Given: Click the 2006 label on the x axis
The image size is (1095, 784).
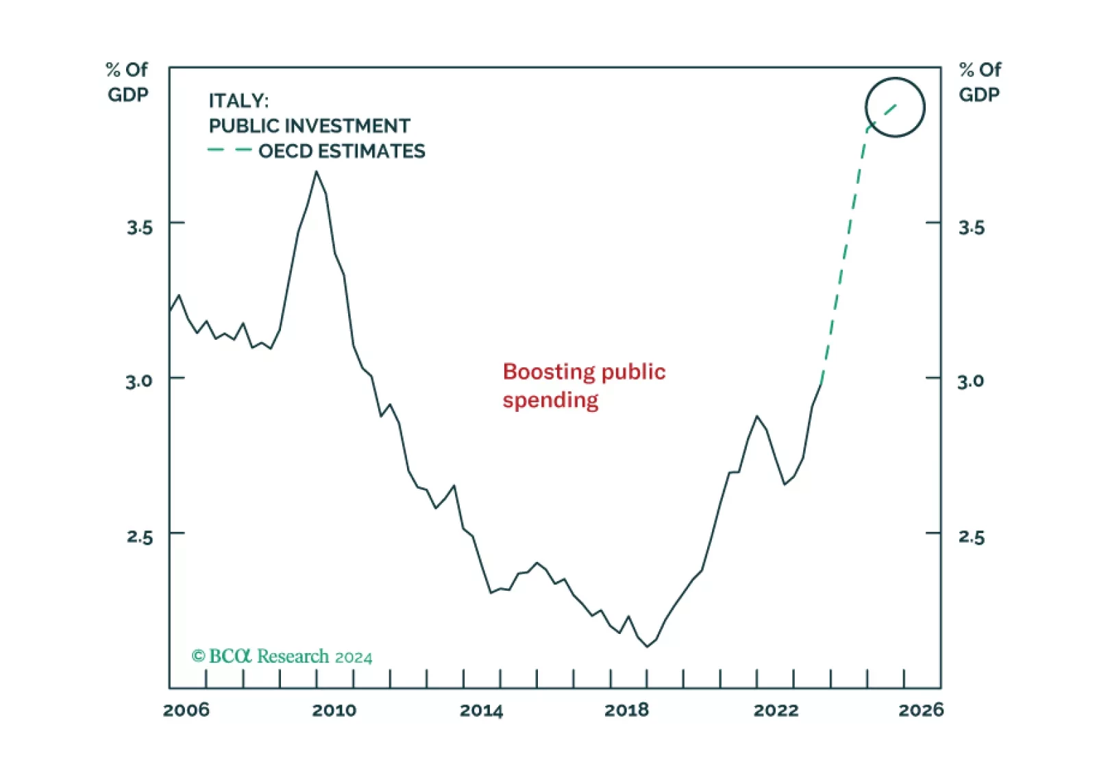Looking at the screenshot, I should [x=186, y=710].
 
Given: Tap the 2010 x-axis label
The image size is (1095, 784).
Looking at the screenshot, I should [x=334, y=710].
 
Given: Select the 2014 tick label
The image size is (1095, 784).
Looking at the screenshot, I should [x=481, y=710].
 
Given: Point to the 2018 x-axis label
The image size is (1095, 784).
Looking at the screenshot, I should [x=626, y=710].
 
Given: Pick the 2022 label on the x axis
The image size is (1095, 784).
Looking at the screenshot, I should [x=776, y=710].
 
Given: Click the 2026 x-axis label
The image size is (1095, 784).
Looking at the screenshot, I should [x=921, y=710].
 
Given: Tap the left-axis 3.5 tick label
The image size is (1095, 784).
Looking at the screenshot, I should [x=139, y=228].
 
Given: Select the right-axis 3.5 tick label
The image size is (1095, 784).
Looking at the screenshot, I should [x=971, y=228].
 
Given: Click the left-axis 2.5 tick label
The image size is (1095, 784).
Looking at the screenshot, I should [x=139, y=537].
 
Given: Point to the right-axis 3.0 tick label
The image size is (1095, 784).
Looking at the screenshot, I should [x=970, y=381].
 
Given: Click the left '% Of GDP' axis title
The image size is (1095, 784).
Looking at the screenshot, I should [x=127, y=82].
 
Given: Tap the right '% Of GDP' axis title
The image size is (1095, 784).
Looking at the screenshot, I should [x=980, y=82].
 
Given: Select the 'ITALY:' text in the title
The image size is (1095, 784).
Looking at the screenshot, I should [x=238, y=101].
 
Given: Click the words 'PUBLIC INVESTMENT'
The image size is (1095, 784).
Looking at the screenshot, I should [x=309, y=126].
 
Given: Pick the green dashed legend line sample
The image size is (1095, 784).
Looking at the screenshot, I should [x=230, y=150].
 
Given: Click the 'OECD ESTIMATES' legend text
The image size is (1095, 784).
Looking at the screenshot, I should [x=341, y=151].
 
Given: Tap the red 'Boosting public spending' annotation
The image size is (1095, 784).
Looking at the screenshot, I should [x=584, y=385].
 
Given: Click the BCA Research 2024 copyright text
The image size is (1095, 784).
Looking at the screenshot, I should [x=282, y=657].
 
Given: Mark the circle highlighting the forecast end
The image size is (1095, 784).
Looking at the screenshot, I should [x=895, y=107].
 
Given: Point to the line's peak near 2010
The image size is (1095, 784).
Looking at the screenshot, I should [x=317, y=172].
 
